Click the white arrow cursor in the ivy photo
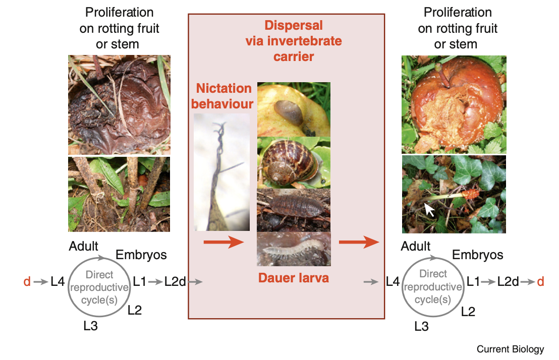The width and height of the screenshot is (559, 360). pyautogui.click(x=429, y=209)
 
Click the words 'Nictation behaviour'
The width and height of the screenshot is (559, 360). pyautogui.click(x=223, y=96)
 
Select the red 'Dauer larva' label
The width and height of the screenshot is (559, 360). pyautogui.click(x=294, y=277)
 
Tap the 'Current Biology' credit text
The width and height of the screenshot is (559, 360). pyautogui.click(x=510, y=349)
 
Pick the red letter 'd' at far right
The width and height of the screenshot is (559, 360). pyautogui.click(x=540, y=281)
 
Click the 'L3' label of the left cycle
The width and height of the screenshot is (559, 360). pyautogui.click(x=90, y=326)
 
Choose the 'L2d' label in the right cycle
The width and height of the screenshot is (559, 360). pyautogui.click(x=508, y=281)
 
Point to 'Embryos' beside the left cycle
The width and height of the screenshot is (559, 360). pyautogui.click(x=141, y=255)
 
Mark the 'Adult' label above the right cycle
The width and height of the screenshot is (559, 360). pyautogui.click(x=416, y=246)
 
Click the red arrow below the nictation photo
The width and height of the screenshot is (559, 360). pyautogui.click(x=223, y=243)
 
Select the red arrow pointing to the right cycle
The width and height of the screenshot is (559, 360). pyautogui.click(x=358, y=243)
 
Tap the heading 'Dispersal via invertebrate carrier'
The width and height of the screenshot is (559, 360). pyautogui.click(x=293, y=40)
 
